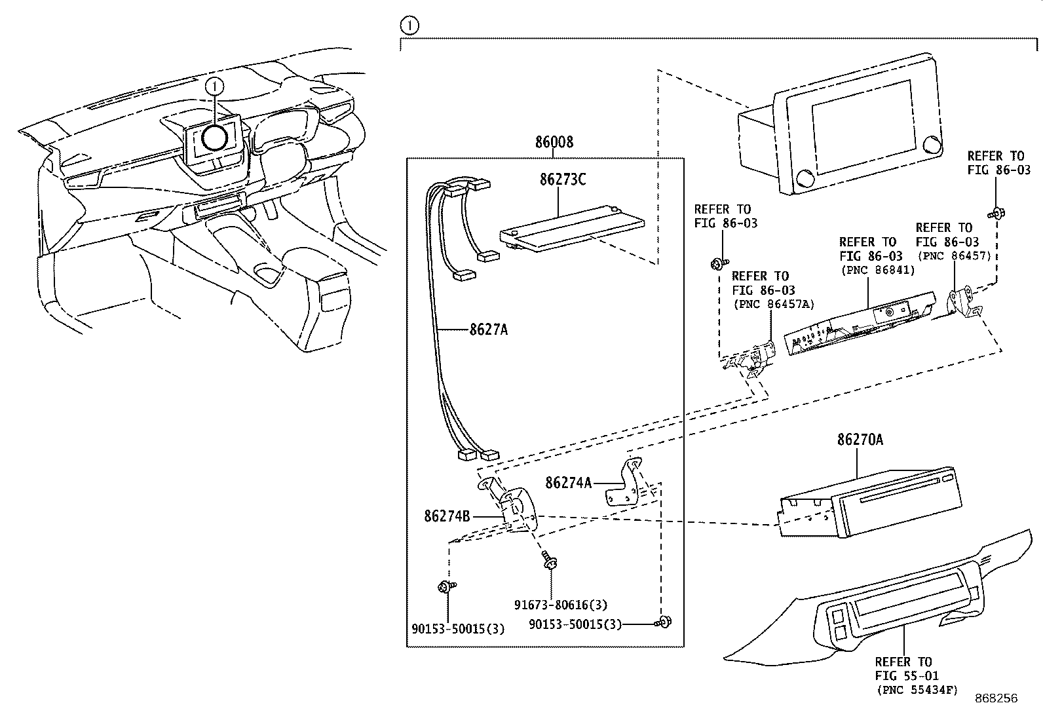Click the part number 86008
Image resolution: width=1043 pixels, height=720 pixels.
click(554, 142)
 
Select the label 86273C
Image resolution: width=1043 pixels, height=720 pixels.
click(562, 179)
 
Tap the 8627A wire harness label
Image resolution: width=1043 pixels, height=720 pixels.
click(488, 330)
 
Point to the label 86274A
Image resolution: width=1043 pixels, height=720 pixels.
click(568, 483)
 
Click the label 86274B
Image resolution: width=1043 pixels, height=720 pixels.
click(447, 516)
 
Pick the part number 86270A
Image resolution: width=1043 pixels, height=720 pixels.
click(859, 440)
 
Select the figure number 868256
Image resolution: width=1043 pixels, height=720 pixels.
click(995, 698)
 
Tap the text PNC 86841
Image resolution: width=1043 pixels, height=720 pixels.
click(871, 270)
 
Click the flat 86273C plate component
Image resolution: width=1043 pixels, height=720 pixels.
click(570, 226)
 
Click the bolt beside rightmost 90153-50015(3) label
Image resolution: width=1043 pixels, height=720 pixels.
click(664, 622)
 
